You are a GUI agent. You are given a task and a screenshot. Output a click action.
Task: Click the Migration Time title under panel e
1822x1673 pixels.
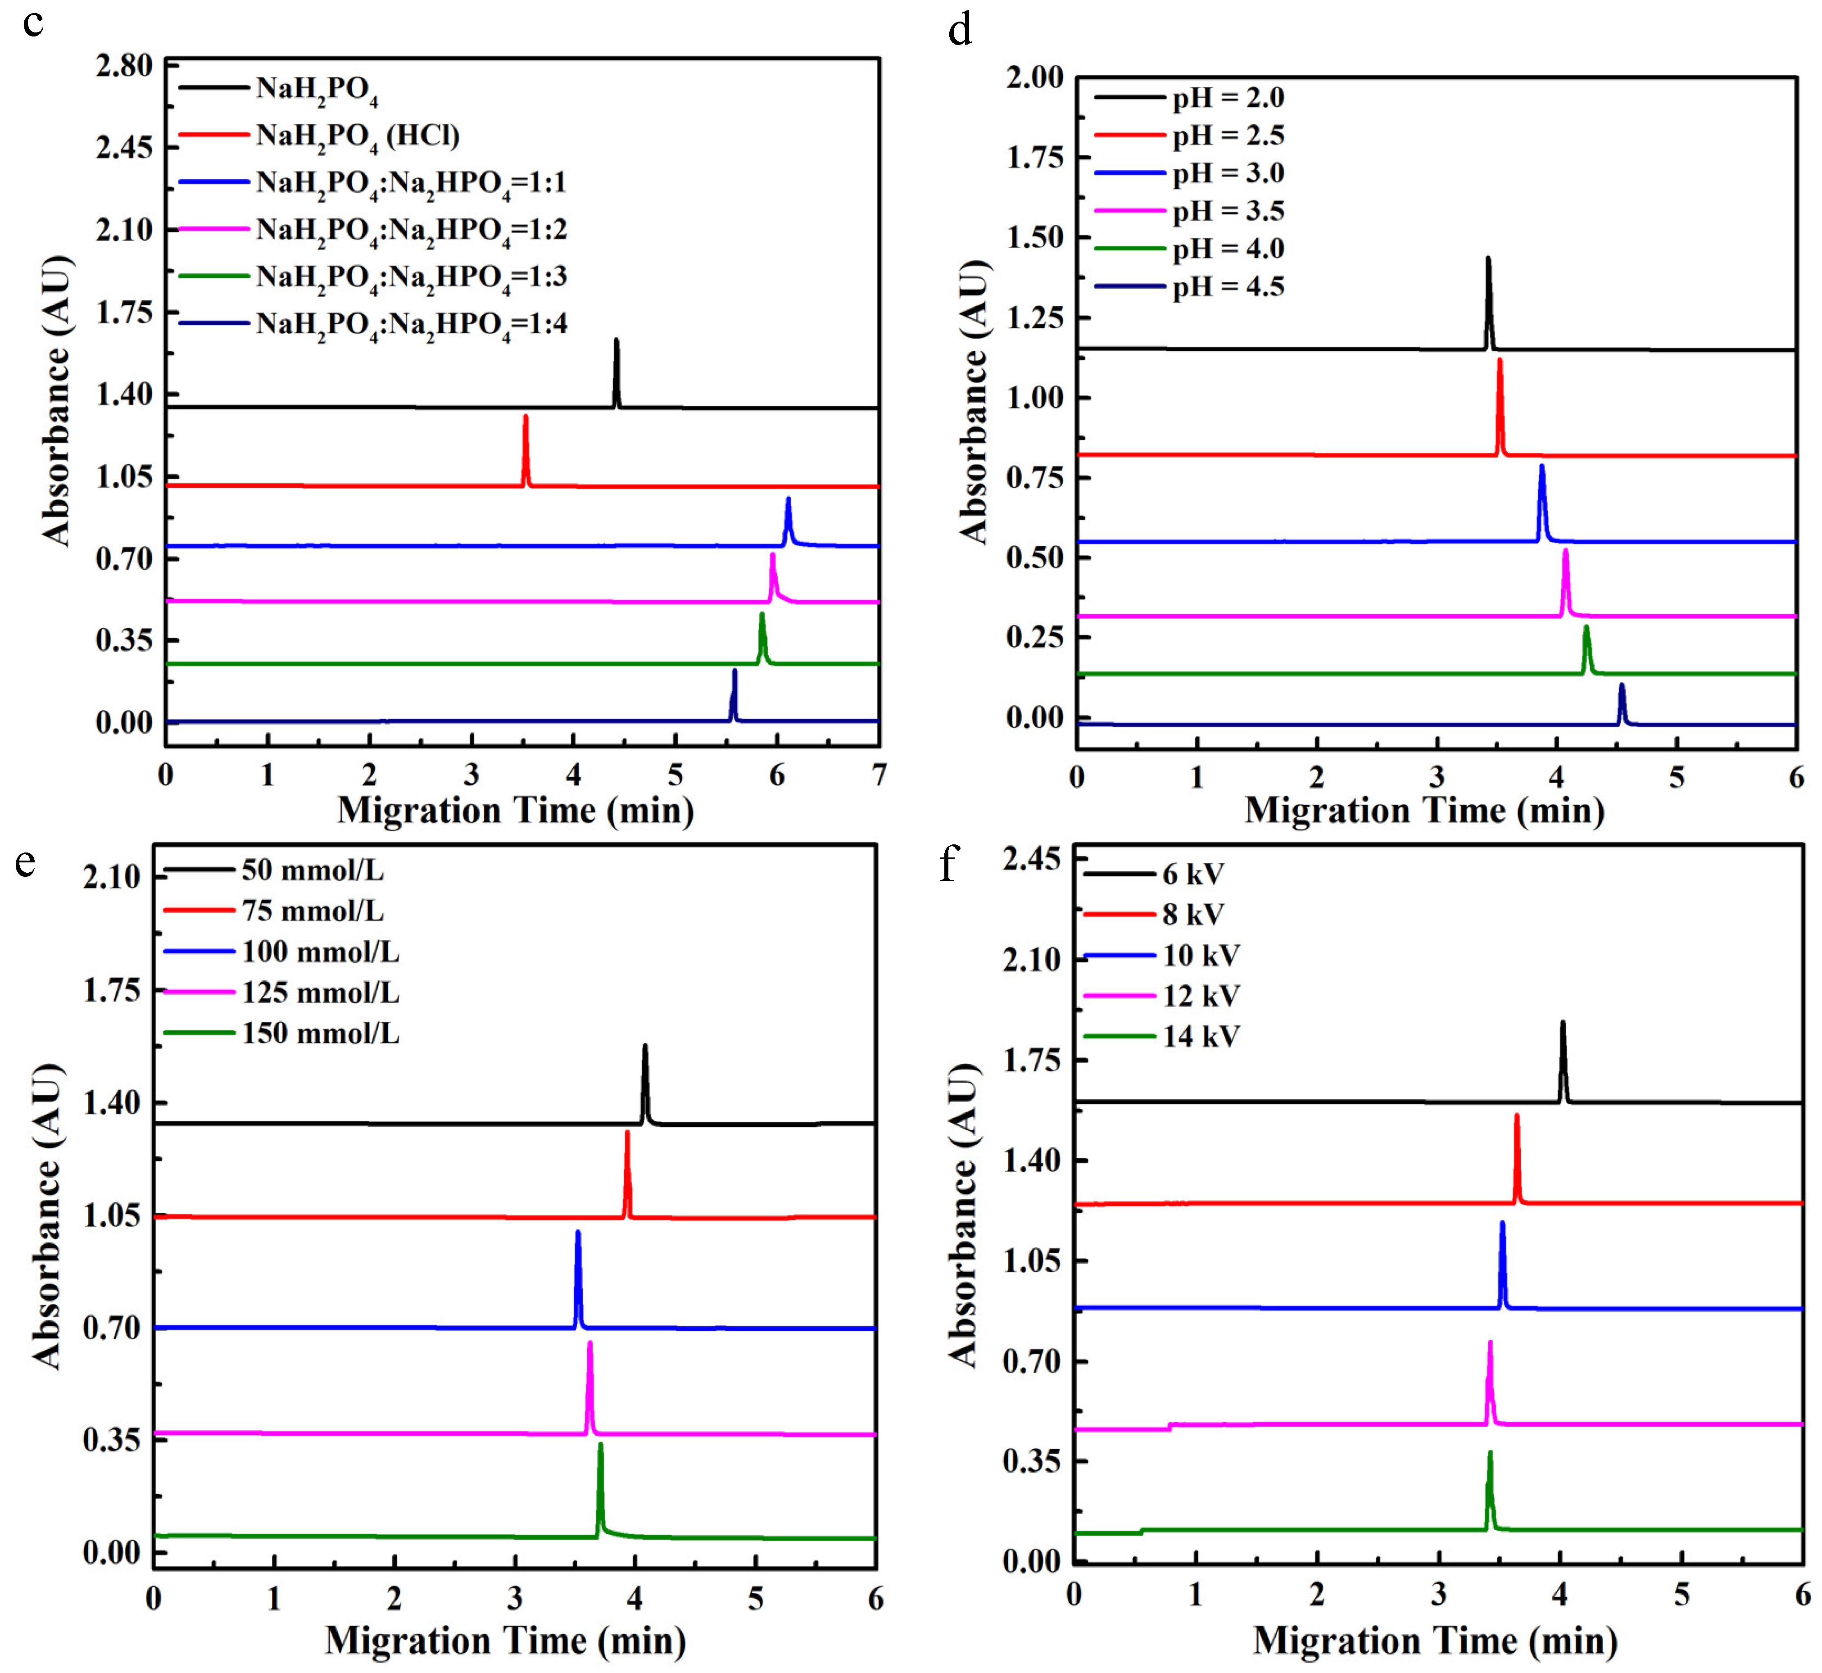(x=505, y=1640)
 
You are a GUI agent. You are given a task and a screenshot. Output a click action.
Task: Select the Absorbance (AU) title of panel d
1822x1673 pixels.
(x=974, y=403)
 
